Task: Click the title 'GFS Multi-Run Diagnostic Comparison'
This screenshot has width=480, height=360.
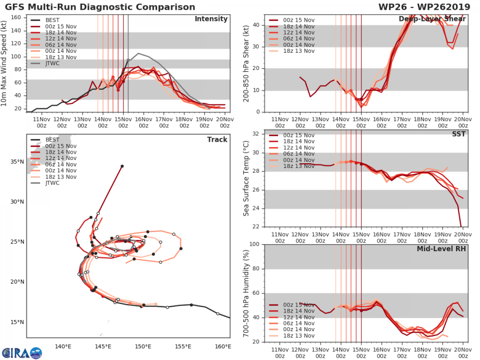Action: coord(100,7)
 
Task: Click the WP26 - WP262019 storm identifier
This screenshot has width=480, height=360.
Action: coord(424,7)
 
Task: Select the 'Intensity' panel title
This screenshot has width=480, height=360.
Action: coord(211,19)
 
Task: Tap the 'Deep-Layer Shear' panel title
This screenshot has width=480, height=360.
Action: coord(432,19)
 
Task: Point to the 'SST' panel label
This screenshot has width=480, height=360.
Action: coord(459,134)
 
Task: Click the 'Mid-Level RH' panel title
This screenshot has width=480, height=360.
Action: coord(441,249)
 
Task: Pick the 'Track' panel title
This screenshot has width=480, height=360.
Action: coord(217,140)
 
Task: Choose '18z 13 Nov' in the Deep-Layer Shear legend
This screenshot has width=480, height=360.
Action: coord(291,51)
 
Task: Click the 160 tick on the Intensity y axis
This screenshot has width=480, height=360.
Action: coord(16,18)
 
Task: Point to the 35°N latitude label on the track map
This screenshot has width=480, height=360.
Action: coord(17,162)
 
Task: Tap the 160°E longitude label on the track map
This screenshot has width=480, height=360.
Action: coord(223,347)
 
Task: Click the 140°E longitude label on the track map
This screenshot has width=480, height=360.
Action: coord(63,347)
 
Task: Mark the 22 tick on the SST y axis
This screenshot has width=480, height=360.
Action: coord(256,227)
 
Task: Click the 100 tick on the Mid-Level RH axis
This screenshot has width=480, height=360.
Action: coord(254,244)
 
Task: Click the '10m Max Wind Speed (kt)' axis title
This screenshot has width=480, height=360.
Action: coord(4,63)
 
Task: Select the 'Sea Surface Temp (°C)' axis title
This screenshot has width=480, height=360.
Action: coord(246,179)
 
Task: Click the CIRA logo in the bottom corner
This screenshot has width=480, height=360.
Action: coord(22,353)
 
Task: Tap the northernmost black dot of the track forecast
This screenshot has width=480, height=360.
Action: coord(122,166)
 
